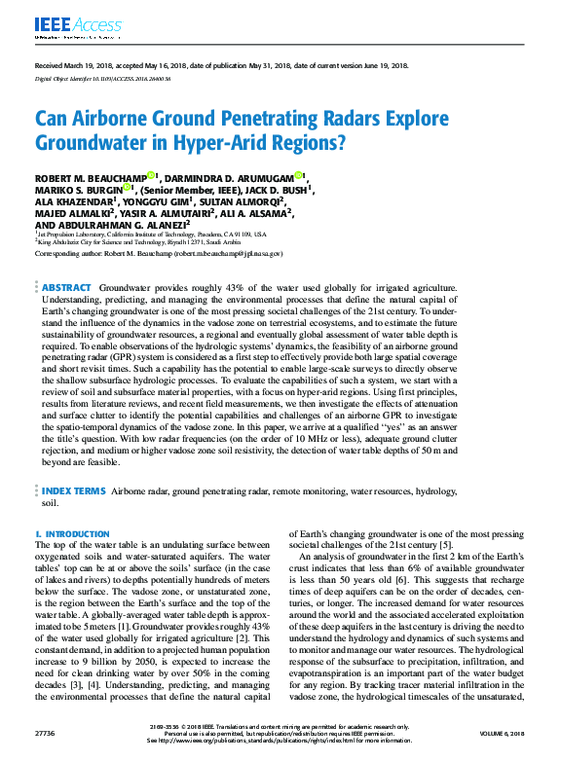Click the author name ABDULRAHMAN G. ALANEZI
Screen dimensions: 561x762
[x=124, y=225]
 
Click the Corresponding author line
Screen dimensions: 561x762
[x=158, y=253]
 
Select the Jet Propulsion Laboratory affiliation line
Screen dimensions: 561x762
[x=151, y=235]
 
